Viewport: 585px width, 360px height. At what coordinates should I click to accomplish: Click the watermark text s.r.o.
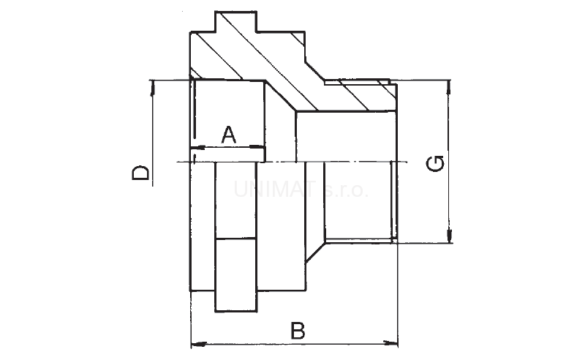point(346,190)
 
